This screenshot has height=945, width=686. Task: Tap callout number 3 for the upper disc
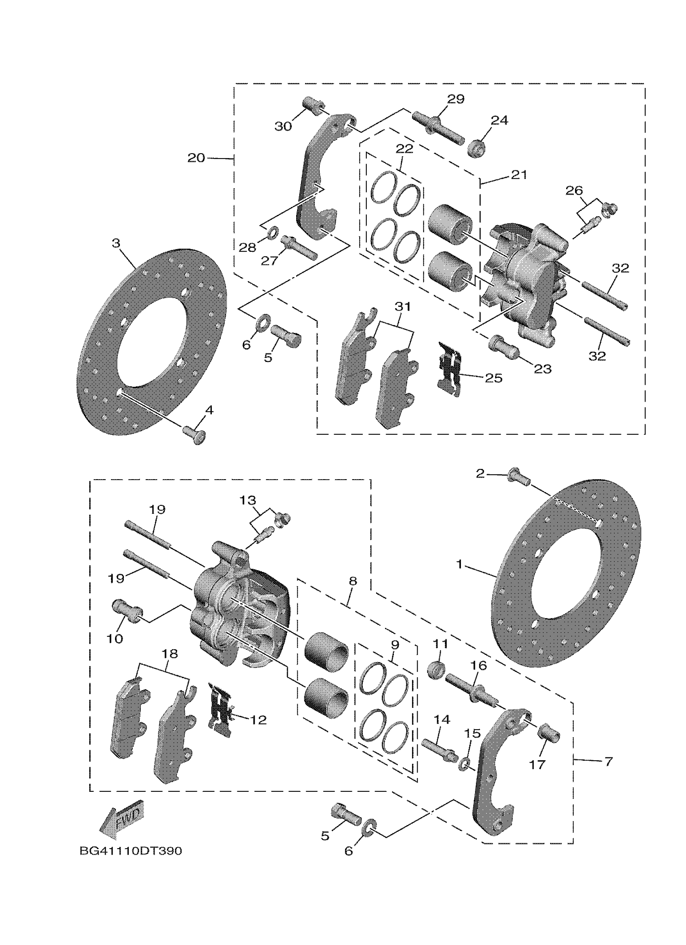tap(116, 243)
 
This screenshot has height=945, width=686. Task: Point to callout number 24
tap(499, 121)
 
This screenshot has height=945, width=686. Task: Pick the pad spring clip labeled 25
tap(450, 369)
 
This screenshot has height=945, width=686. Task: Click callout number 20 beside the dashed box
tap(196, 158)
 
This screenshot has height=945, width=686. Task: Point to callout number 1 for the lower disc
tap(459, 565)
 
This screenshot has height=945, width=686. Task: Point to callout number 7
tap(608, 761)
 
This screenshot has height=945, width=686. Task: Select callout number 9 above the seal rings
tap(395, 645)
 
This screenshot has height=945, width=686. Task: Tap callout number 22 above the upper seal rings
tap(404, 149)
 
